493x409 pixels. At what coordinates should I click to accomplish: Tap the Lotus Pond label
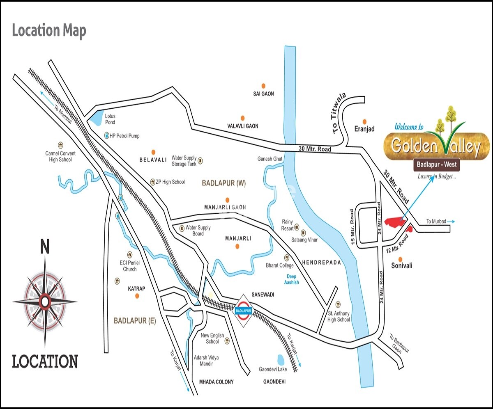pyautogui.click(x=110, y=119)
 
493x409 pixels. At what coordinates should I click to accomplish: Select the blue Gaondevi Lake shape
pyautogui.click(x=281, y=360)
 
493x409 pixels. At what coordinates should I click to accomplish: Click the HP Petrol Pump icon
pyautogui.click(x=106, y=135)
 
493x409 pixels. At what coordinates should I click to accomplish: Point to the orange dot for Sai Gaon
pyautogui.click(x=263, y=86)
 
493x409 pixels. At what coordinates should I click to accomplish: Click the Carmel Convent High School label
pyautogui.click(x=60, y=156)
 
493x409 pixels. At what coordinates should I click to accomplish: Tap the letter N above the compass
pyautogui.click(x=45, y=247)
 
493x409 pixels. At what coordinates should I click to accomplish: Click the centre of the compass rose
pyautogui.click(x=44, y=302)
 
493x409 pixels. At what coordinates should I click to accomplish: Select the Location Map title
pyautogui.click(x=49, y=31)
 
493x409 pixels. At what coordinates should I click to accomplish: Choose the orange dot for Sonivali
pyautogui.click(x=401, y=258)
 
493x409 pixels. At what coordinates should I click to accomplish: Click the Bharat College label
pyautogui.click(x=280, y=265)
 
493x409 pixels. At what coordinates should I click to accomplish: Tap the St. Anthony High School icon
pyautogui.click(x=338, y=304)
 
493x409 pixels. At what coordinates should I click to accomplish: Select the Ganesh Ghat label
pyautogui.click(x=270, y=159)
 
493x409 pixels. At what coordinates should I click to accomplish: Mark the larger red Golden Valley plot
pyautogui.click(x=394, y=221)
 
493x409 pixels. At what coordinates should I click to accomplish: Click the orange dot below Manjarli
pyautogui.click(x=237, y=246)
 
